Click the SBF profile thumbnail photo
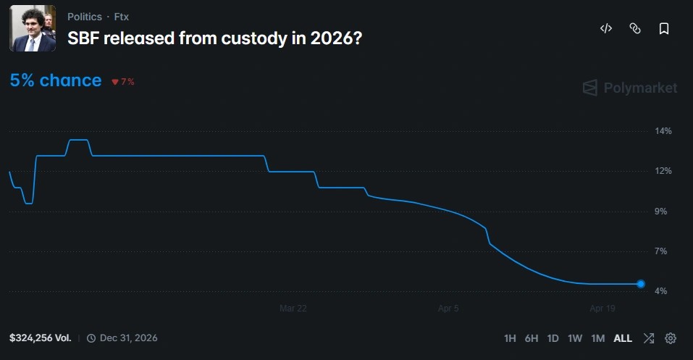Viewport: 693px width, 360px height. click(x=33, y=28)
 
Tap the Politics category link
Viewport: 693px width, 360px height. click(x=85, y=17)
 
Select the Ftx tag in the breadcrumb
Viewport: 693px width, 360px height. click(x=121, y=17)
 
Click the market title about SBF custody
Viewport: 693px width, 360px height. click(x=215, y=38)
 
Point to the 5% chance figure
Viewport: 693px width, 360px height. click(x=56, y=80)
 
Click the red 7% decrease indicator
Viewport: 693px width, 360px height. click(x=123, y=82)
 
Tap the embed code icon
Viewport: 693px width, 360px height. click(x=606, y=28)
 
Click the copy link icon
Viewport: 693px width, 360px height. click(x=635, y=28)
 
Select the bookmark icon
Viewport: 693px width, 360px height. click(x=663, y=28)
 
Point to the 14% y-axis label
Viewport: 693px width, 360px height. click(x=663, y=131)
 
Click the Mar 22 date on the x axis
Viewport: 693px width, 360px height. click(x=293, y=309)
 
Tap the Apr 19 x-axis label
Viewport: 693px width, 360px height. click(x=602, y=309)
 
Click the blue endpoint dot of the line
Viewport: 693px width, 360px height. click(x=641, y=284)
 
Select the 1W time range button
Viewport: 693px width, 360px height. click(x=575, y=338)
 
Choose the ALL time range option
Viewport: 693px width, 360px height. click(x=623, y=338)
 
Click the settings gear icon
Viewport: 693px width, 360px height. click(x=671, y=338)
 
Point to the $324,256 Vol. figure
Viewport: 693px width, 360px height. click(x=41, y=338)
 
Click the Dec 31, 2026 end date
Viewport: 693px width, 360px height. click(x=128, y=338)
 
